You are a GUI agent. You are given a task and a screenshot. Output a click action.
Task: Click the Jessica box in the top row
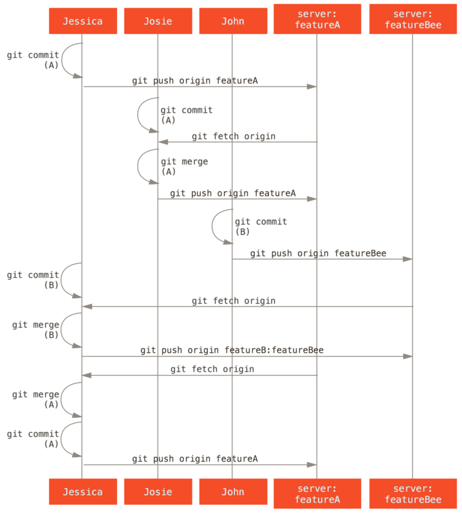[82, 21]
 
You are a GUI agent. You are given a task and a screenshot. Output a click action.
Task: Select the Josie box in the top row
[158, 21]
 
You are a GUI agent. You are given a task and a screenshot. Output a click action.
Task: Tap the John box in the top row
[232, 21]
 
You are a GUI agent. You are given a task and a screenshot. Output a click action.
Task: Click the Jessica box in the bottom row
[82, 492]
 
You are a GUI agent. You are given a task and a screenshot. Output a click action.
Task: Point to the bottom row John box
[232, 492]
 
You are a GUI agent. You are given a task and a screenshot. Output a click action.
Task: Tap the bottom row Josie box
[158, 492]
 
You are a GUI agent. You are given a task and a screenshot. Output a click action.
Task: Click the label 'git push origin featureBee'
[318, 254]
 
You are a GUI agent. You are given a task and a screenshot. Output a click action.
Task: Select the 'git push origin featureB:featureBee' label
[232, 350]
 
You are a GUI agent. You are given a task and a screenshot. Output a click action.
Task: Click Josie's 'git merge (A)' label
[183, 166]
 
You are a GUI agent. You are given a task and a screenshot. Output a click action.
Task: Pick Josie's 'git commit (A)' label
[186, 115]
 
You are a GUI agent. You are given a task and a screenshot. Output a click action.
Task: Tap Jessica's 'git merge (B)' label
[37, 330]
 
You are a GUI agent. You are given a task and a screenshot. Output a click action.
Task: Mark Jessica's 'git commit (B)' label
[33, 279]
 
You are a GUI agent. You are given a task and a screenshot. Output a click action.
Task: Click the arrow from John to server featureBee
[322, 259]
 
